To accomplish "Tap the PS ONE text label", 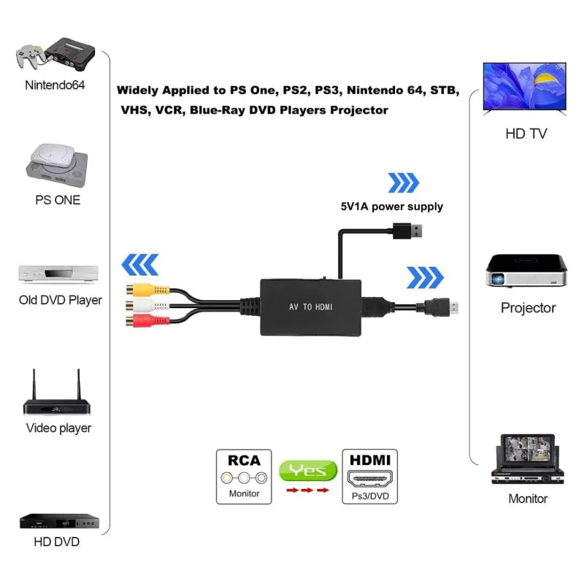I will [58, 200].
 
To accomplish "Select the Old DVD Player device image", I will [58, 274].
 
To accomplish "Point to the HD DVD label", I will [56, 542].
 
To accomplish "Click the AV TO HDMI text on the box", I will [310, 307].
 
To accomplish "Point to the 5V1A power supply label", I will [391, 207].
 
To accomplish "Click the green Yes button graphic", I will [307, 471].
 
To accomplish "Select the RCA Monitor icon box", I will [244, 476].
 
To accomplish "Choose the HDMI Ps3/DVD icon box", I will [370, 476].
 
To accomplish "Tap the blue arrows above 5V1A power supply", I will [403, 182].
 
